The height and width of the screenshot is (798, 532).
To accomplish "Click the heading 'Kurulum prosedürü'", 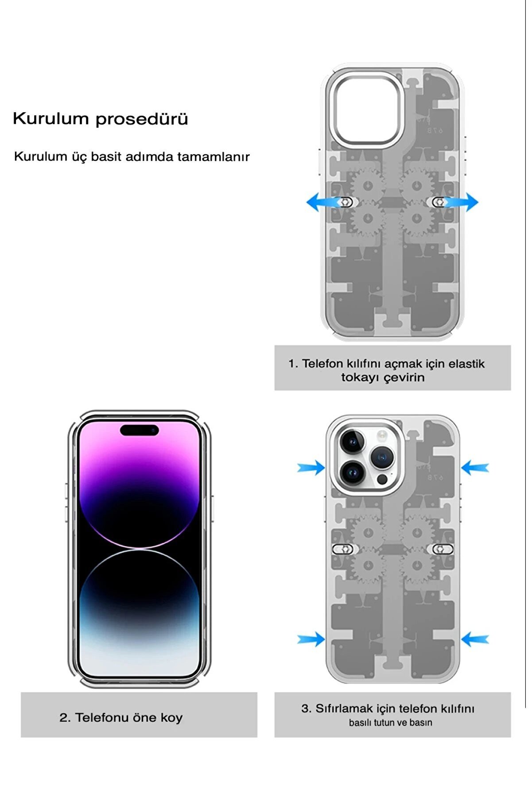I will [101, 119].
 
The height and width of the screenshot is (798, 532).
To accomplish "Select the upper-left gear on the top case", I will [367, 186].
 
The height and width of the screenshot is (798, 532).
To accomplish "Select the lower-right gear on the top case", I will [416, 219].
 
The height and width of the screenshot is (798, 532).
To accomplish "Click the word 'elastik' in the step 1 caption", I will [466, 364].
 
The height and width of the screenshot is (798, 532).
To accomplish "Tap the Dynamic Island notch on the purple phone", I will [140, 430].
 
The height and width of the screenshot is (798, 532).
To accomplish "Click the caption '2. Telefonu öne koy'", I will [121, 717].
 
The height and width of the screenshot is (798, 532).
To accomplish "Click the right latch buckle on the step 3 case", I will [442, 549].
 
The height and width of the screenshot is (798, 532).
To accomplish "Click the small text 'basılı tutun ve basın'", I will [390, 723].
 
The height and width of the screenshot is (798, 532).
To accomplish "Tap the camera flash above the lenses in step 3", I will [381, 436].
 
